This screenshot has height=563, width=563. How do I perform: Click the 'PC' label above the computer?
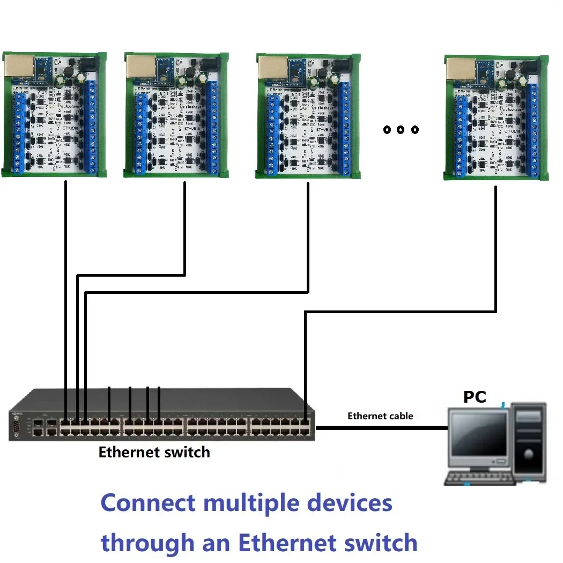pos(475,397)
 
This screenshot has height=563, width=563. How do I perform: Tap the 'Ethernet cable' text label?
pos(380,416)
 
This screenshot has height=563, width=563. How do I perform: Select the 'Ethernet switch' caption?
pos(154,453)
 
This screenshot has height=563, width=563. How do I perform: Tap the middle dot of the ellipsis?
pos(401,130)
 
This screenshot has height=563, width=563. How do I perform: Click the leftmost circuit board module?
pos(55,115)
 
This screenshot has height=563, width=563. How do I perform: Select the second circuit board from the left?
pos(176,115)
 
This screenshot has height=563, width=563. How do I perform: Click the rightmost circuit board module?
pos(497,118)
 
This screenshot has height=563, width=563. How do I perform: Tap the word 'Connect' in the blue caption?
pos(148,503)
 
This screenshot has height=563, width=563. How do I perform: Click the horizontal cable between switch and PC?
pos(381,428)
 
